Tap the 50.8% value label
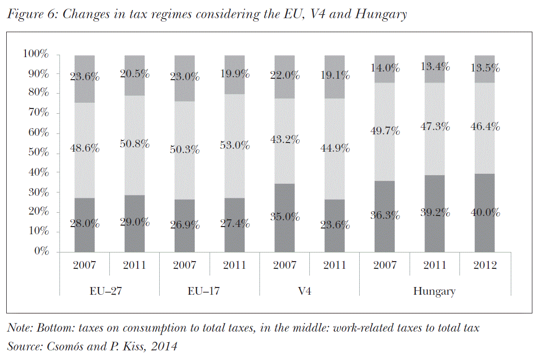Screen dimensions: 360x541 click(135, 143)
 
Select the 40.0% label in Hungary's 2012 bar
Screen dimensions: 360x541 click(485, 212)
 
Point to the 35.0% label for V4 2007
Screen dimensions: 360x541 click(285, 216)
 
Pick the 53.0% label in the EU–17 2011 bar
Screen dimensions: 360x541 click(235, 144)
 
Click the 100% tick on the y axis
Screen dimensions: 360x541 click(35, 54)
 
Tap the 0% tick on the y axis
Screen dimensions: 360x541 click(41, 252)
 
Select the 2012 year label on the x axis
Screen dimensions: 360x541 click(485, 265)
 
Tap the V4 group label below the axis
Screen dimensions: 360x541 click(304, 291)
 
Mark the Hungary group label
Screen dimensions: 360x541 click(435, 291)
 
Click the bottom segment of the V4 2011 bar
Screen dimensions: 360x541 click(334, 235)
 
